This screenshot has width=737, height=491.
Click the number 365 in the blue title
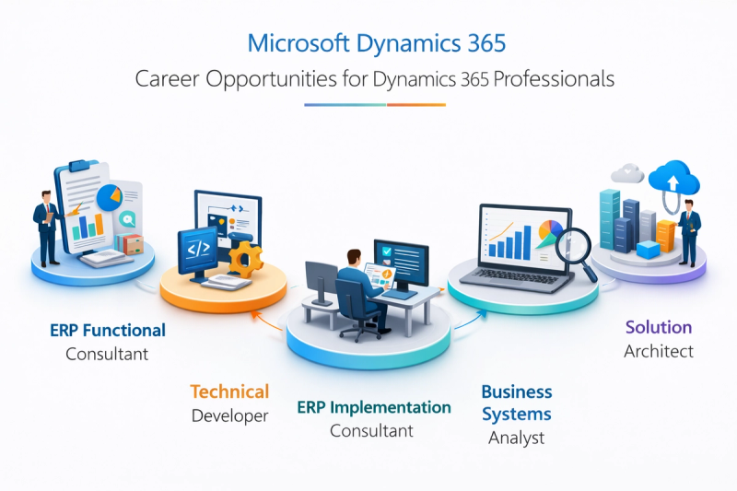(486, 43)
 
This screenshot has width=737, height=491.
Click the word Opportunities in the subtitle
(271, 79)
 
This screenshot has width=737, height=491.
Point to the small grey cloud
(627, 173)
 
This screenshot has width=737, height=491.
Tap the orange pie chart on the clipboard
(110, 197)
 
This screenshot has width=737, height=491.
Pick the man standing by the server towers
(689, 232)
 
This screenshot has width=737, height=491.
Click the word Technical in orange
(229, 392)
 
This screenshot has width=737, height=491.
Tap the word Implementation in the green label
(390, 408)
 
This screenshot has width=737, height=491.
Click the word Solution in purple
(659, 327)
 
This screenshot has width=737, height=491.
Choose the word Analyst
(516, 438)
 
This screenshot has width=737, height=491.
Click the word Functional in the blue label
(124, 331)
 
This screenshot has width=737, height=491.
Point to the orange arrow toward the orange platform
(266, 320)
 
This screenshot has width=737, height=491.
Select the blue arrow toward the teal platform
(470, 320)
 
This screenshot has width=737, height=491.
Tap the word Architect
(659, 352)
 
